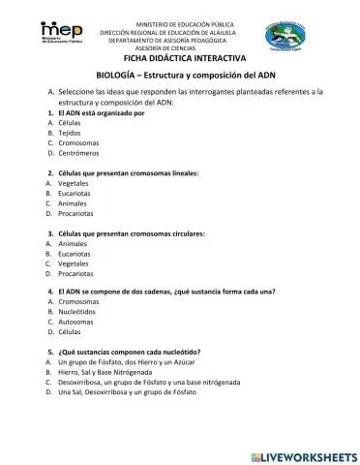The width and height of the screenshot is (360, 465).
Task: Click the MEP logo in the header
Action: coord(61,38)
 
